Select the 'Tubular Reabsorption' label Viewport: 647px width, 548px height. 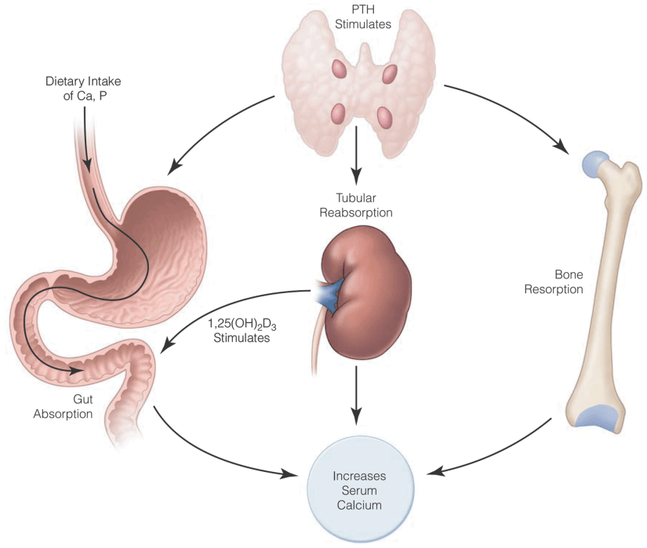(x=358, y=206)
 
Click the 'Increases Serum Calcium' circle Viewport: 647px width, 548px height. (x=359, y=489)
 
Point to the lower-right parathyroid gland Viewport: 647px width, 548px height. (x=384, y=118)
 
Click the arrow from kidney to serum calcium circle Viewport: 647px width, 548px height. (x=357, y=392)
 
